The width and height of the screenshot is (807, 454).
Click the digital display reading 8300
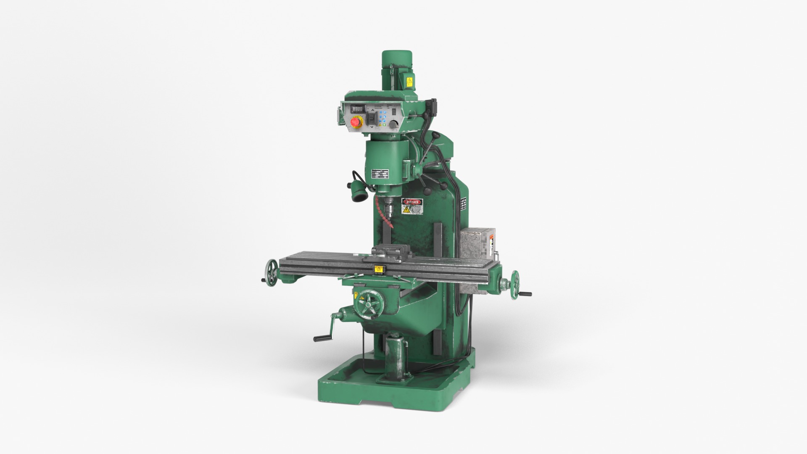pos(357,109)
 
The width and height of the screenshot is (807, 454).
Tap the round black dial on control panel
pos(394,124)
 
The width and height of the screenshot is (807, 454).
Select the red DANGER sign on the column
pos(412,202)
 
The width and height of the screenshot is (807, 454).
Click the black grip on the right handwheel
pos(525,294)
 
